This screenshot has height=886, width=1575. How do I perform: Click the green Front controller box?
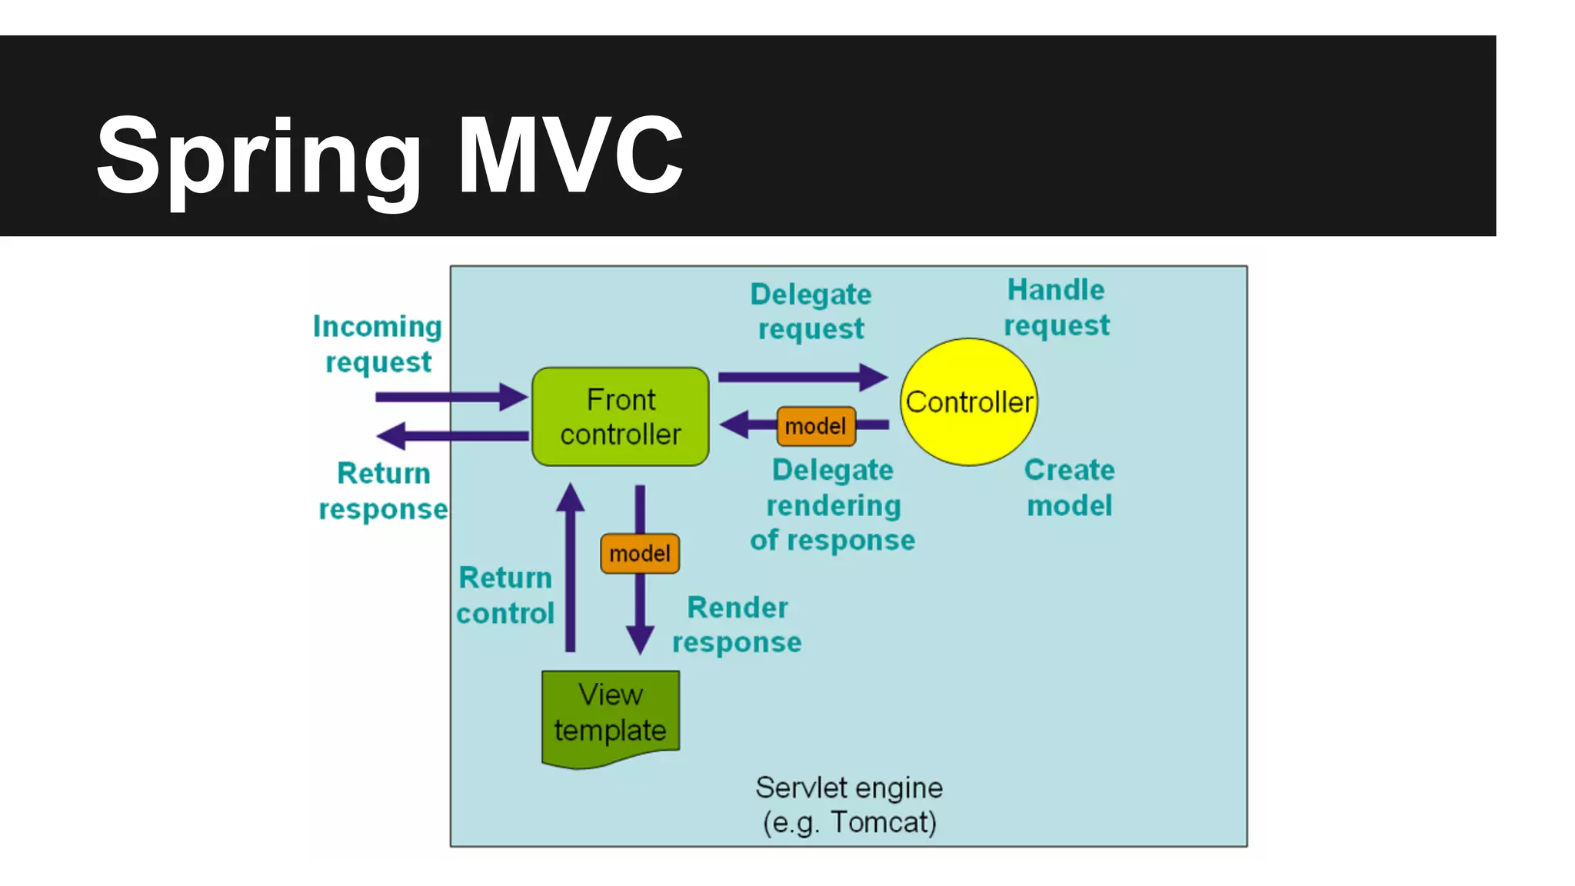pos(620,416)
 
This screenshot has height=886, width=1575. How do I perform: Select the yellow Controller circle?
pos(968,401)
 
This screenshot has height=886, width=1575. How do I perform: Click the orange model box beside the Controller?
pos(815,426)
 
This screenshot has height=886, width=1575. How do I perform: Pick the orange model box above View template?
pos(639,553)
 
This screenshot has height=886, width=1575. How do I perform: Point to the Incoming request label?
pos(378,344)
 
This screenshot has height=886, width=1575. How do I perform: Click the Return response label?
pos(383,491)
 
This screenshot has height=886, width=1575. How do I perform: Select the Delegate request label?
pos(811,311)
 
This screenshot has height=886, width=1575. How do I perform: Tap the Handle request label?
pos(1056,308)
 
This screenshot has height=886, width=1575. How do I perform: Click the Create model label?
pos(1069,487)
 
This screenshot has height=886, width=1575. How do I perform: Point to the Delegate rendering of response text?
pos(833,505)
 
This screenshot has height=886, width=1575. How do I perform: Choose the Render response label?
pos(737,624)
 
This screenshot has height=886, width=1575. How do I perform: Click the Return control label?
pos(505,595)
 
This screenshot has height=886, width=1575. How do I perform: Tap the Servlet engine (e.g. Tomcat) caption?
pos(849,804)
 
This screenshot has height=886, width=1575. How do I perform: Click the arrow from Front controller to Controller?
pos(800,377)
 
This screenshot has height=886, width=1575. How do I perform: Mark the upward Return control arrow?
pos(570,569)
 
